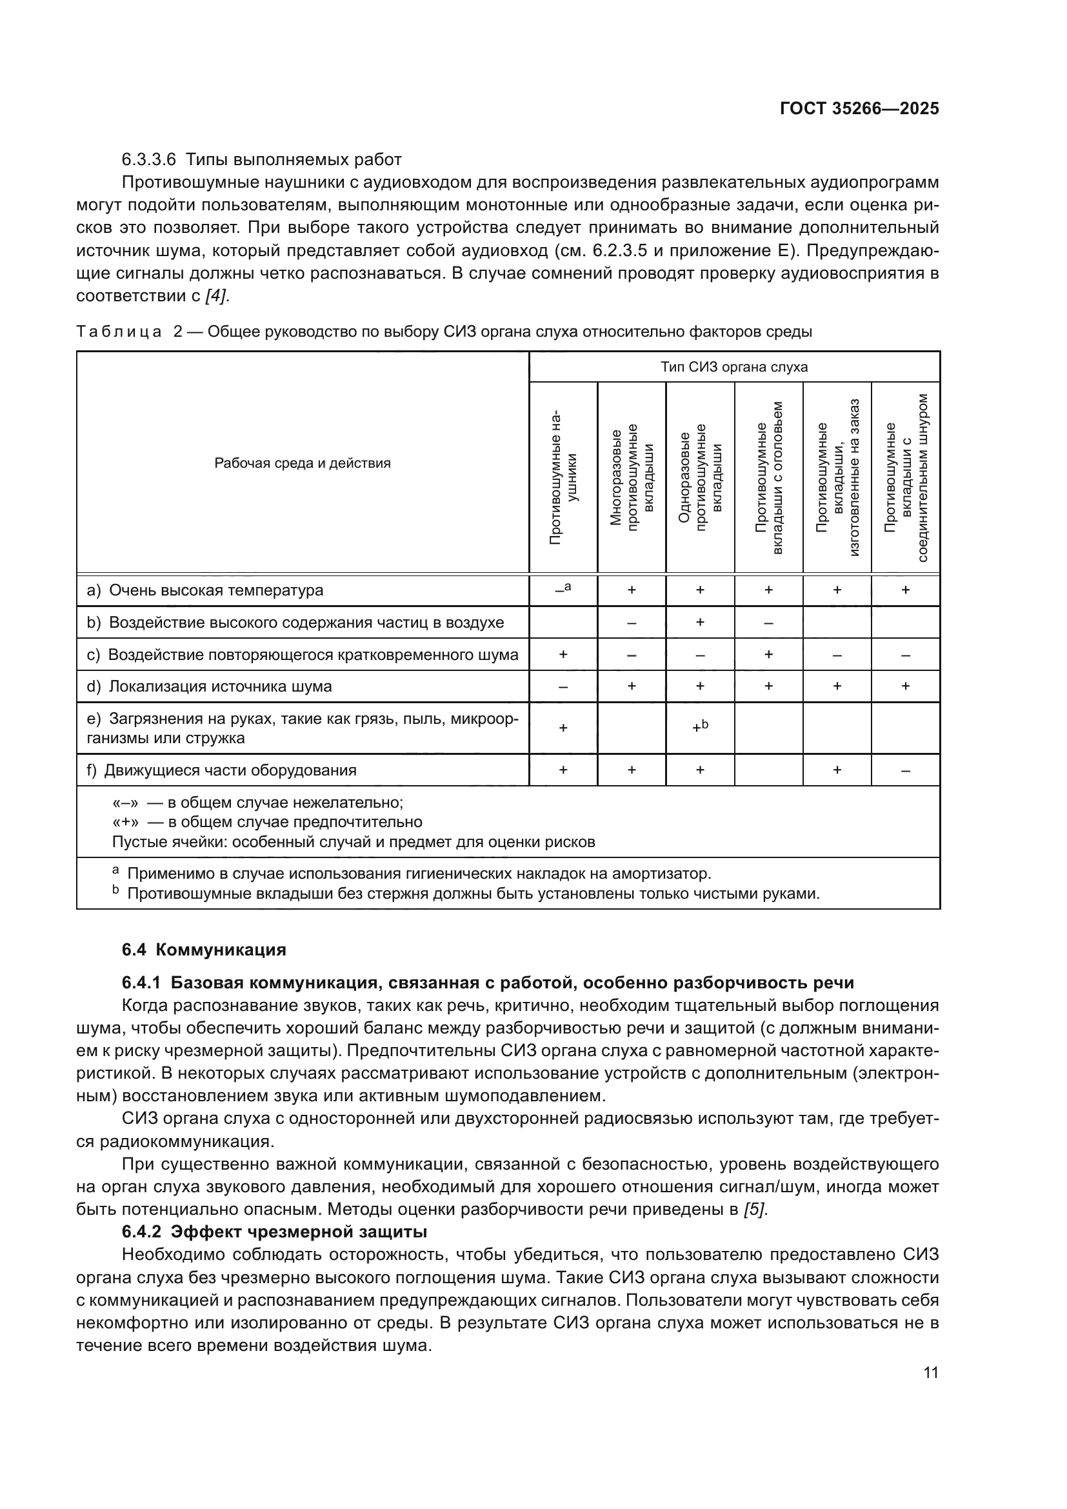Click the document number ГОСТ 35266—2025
tap(859, 108)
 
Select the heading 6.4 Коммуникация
tap(204, 950)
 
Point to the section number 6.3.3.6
tap(148, 160)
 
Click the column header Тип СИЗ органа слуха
tap(734, 366)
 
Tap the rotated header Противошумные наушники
tap(563, 478)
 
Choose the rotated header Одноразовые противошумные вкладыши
tap(700, 478)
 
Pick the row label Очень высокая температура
tap(215, 590)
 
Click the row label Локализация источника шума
tap(219, 687)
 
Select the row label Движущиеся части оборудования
tap(230, 770)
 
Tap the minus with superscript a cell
tap(563, 590)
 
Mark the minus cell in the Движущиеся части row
tap(905, 770)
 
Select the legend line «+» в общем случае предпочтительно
tap(267, 822)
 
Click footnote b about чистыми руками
tap(473, 894)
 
